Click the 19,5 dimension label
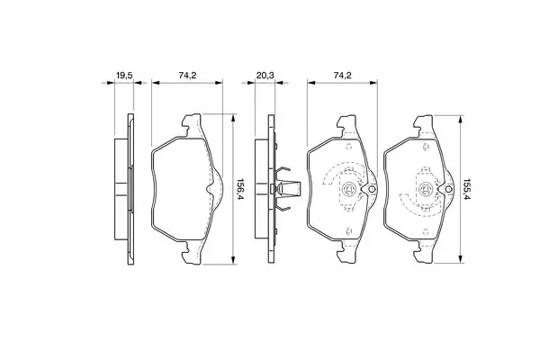pyautogui.click(x=124, y=75)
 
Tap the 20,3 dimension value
pyautogui.click(x=265, y=75)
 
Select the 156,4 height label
pyautogui.click(x=239, y=190)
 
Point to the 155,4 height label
pyautogui.click(x=466, y=190)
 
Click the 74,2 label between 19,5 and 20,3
pyautogui.click(x=187, y=75)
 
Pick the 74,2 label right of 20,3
pyautogui.click(x=342, y=75)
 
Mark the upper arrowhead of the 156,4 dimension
pyautogui.click(x=233, y=118)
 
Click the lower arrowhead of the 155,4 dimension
pyautogui.click(x=460, y=259)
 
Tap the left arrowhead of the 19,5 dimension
pyautogui.click(x=110, y=83)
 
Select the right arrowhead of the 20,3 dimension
pyautogui.click(x=279, y=83)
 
